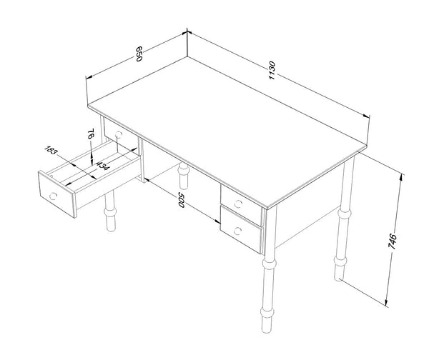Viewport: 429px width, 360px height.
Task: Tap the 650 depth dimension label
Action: (139, 54)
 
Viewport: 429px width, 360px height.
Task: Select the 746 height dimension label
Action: (392, 241)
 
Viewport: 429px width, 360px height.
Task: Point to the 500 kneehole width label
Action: (181, 200)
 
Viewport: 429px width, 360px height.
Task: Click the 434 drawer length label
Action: (103, 166)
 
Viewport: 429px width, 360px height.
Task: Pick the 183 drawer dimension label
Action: (51, 150)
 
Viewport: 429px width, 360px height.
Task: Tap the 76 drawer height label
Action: (91, 134)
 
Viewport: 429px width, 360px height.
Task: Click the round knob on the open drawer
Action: (53, 196)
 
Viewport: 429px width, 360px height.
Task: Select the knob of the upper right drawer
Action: (238, 204)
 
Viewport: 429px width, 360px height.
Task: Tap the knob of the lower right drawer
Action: (237, 231)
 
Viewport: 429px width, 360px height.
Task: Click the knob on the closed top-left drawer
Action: (119, 134)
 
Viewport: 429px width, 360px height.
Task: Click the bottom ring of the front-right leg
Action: (267, 312)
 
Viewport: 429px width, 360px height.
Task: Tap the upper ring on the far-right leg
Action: (345, 213)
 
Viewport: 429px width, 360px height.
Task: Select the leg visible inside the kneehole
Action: (183, 176)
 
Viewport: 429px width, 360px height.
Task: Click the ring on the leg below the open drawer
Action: (110, 212)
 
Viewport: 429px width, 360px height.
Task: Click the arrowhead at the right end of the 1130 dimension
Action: (366, 116)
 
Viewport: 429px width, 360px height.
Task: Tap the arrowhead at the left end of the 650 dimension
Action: (89, 77)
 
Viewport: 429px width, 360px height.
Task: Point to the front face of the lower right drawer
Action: (241, 229)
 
